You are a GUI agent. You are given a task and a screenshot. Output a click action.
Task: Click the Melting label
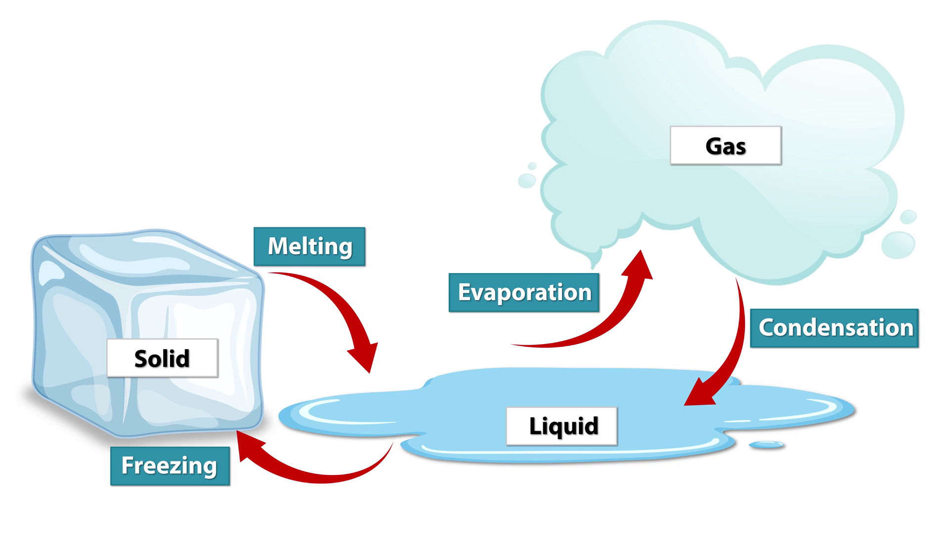[x=309, y=246]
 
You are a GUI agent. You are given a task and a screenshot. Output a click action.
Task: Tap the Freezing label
[x=170, y=466]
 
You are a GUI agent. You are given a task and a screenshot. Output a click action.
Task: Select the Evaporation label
[x=524, y=292]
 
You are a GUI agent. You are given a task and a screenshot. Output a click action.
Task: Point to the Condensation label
[x=834, y=328]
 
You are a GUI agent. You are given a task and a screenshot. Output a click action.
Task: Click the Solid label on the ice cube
[x=162, y=358]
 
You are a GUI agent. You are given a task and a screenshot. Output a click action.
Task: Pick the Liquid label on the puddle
[x=562, y=426]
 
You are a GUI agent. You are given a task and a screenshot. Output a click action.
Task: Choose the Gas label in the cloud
[x=726, y=145]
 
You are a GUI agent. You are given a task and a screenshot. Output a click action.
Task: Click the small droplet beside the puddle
[x=766, y=445]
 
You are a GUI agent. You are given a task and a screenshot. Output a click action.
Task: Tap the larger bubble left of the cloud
[x=526, y=180]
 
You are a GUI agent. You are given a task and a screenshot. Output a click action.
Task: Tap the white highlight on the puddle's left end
[x=316, y=413]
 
